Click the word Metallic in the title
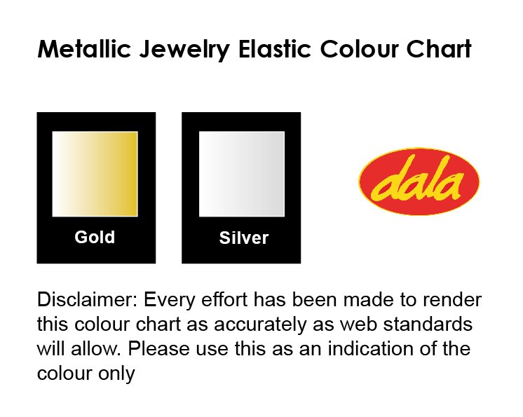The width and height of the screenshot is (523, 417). click(x=83, y=49)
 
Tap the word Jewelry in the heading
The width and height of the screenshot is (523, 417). click(x=184, y=50)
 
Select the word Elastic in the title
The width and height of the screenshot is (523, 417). click(x=275, y=49)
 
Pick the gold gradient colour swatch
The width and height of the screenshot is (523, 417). click(x=95, y=174)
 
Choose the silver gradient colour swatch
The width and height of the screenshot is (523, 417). click(x=242, y=174)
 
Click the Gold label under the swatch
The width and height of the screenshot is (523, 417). click(x=95, y=237)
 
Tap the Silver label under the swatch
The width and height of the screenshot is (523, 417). click(x=244, y=238)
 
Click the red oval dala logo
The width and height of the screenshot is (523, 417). click(x=419, y=182)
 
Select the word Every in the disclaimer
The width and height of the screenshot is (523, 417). click(x=170, y=301)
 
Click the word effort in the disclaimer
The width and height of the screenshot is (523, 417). click(x=224, y=299)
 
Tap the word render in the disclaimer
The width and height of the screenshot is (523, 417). click(x=452, y=300)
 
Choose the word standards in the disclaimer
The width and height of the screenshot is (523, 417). click(x=428, y=324)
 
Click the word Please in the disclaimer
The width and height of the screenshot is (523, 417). click(x=158, y=348)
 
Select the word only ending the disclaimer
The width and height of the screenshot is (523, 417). click(x=116, y=374)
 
